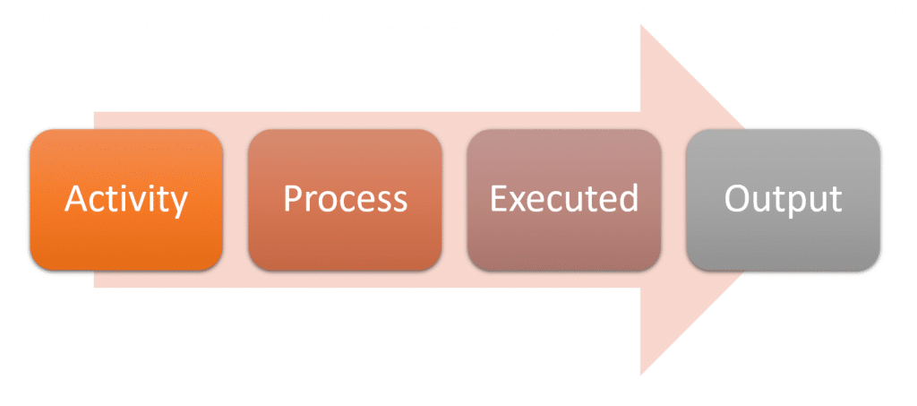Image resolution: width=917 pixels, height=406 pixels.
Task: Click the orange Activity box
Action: [126, 200]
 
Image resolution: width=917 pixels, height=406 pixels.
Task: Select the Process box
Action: [345, 200]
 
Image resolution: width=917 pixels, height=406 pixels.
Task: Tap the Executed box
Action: [564, 200]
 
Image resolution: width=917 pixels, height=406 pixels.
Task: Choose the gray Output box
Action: [783, 200]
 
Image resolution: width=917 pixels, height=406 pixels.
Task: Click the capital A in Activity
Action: [76, 199]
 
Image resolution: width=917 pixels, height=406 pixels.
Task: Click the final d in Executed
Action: [628, 198]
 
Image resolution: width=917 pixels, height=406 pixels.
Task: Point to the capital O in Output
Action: [737, 199]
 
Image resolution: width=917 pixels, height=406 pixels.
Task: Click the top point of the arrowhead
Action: [641, 24]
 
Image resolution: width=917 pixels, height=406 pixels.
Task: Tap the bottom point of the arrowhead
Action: [641, 375]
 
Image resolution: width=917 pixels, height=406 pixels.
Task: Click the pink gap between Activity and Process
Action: [236, 200]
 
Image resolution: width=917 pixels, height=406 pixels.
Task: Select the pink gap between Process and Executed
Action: [454, 200]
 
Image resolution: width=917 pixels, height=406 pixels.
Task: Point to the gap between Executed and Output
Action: [673, 200]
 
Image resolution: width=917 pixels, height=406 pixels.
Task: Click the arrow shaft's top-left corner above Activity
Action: [94, 112]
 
